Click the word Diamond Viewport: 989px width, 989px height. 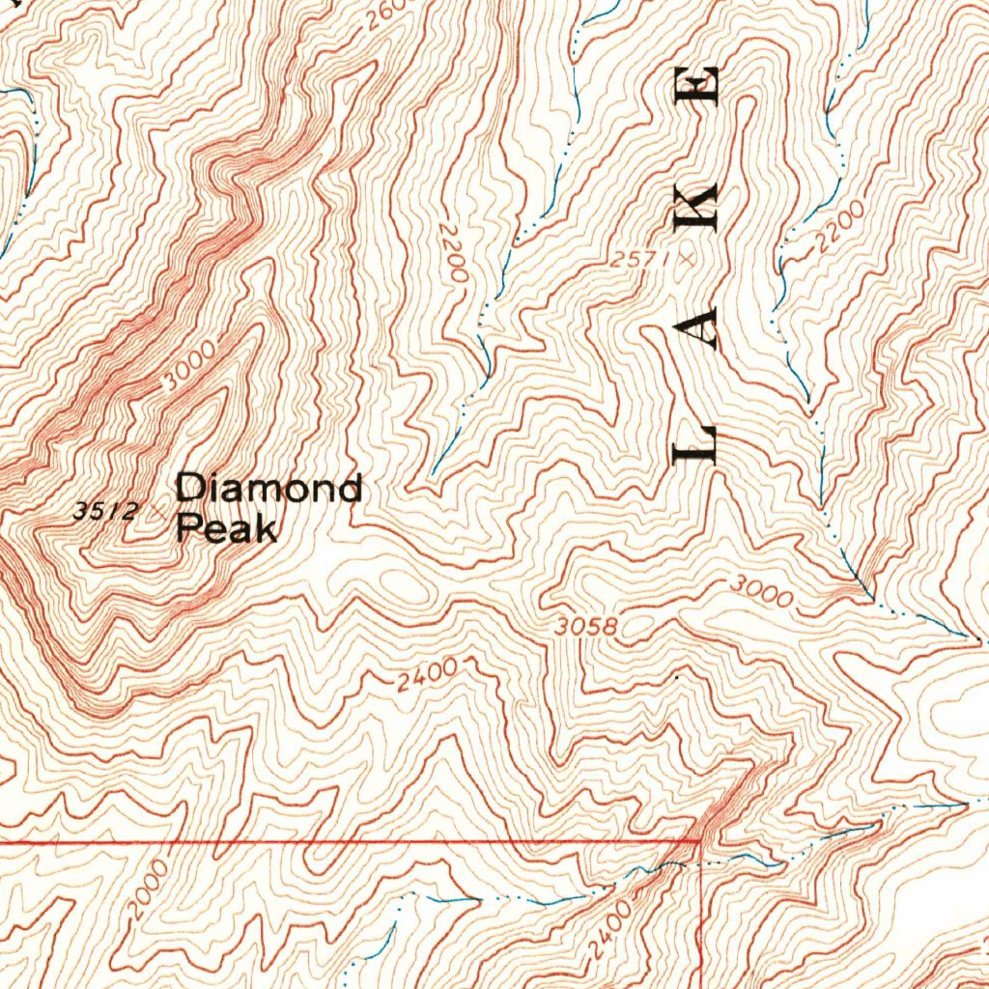[268, 489]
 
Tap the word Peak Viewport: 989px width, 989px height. [226, 528]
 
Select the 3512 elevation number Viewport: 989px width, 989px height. [105, 511]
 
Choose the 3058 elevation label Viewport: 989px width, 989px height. [586, 627]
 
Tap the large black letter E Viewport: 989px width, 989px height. [695, 85]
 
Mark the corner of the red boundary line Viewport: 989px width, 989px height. [700, 841]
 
